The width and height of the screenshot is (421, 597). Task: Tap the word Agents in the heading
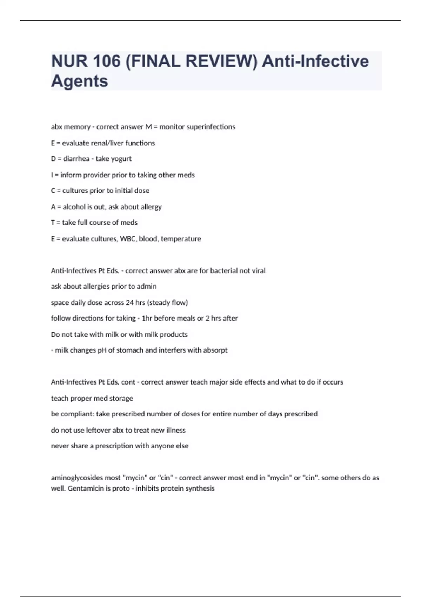(x=80, y=81)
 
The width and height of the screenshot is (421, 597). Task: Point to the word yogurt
(x=121, y=159)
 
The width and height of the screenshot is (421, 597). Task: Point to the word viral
(x=259, y=271)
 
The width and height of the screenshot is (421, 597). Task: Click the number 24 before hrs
(x=130, y=302)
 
